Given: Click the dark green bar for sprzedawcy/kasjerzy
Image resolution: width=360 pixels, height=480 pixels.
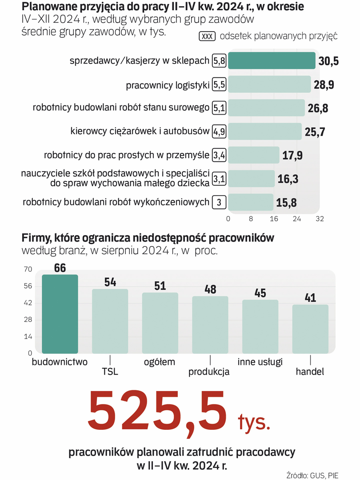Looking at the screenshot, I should point(271,61).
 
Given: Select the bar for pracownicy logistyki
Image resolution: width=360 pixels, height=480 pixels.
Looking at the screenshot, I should point(269,84).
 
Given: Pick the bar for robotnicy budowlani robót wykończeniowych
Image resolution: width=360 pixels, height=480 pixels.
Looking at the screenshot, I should point(250,202).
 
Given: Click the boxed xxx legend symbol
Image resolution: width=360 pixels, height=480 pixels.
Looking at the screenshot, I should point(208,36).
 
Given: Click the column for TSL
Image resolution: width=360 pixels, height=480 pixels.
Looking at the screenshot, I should point(110,321).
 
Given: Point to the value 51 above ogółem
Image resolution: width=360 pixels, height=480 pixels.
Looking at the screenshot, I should point(160,286).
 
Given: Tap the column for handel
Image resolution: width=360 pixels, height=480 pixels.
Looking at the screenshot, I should point(310,329).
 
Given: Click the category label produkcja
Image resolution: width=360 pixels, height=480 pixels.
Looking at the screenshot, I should point(209,372).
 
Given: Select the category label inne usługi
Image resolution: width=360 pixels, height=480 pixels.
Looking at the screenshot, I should point(260,361).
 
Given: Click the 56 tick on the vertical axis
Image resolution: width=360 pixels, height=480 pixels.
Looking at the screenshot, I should point(28,286).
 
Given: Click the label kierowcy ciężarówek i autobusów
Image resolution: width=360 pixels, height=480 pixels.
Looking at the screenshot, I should point(140,132).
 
